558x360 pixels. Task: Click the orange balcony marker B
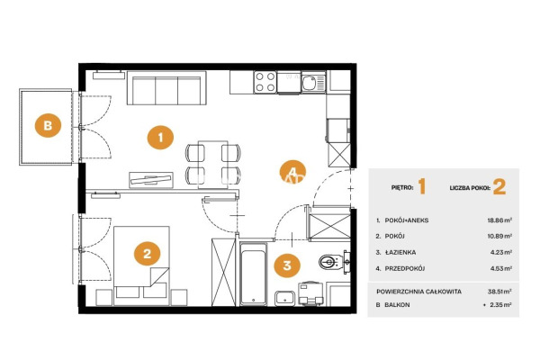click(48, 126)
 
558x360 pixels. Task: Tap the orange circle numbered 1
click(160, 137)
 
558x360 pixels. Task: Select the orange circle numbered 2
click(147, 254)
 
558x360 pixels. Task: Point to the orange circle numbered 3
click(287, 265)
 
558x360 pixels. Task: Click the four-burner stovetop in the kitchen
click(265, 82)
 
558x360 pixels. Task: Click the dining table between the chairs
click(212, 165)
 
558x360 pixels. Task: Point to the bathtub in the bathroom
click(253, 274)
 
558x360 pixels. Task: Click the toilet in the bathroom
click(331, 262)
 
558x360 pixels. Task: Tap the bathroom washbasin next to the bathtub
click(284, 298)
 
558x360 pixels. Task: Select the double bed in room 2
click(141, 265)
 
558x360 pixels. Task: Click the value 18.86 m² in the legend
click(499, 220)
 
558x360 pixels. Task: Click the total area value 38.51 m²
click(499, 292)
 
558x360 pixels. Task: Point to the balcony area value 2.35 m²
click(501, 305)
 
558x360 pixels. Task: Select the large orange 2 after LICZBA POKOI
click(499, 187)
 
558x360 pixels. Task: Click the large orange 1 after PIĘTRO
click(422, 187)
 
